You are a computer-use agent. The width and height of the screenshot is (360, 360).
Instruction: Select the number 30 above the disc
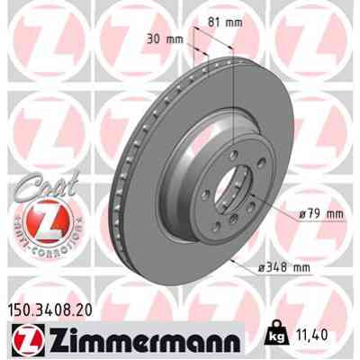[159, 39]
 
